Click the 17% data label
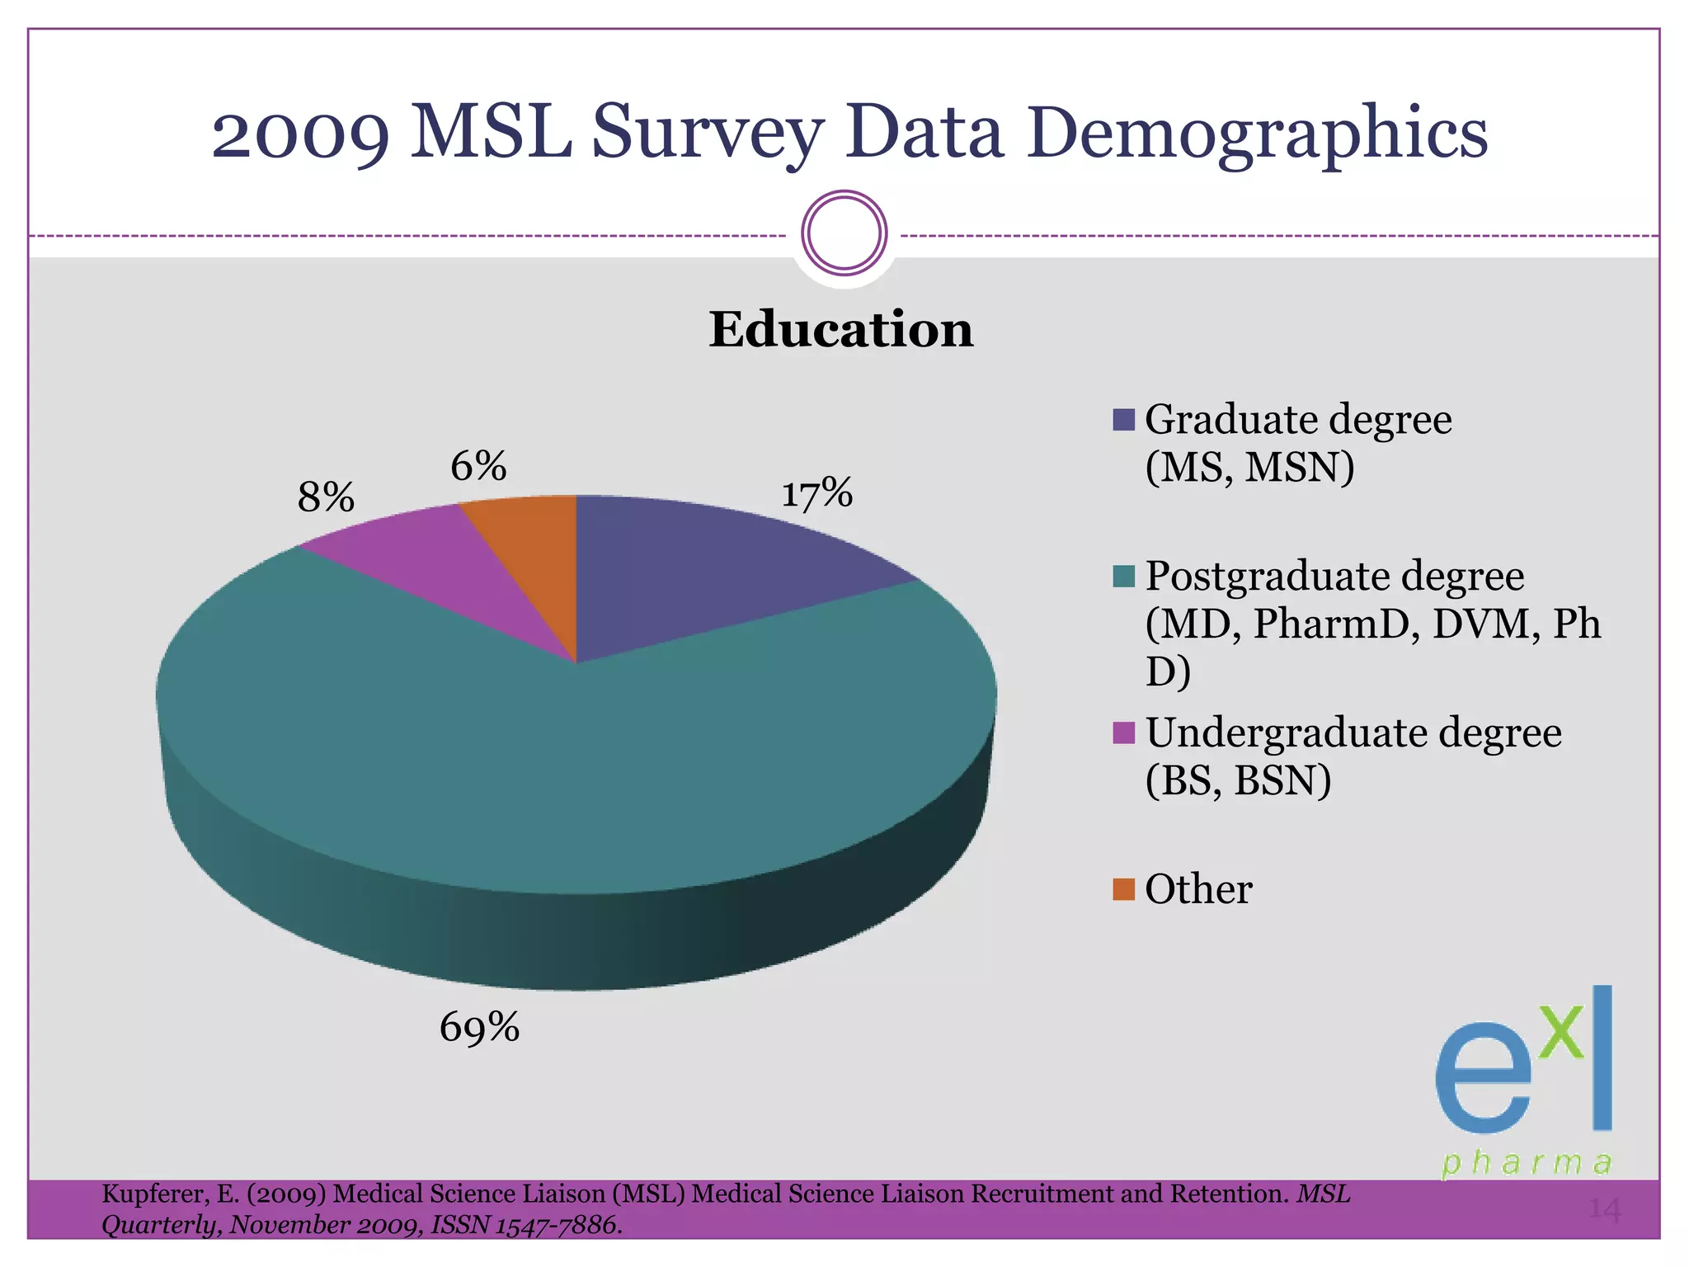coord(816,493)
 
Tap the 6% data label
coord(478,467)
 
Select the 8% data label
coord(326,497)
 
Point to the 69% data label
coord(479,1028)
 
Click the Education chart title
coord(841,329)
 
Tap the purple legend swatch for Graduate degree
coord(1123,420)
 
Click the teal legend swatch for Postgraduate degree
coord(1123,576)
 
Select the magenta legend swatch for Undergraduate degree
coord(1123,732)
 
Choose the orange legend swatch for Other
coord(1123,889)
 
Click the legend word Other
coord(1198,889)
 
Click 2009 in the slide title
coord(301,134)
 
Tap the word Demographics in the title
coord(1257,134)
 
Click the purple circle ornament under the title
coord(844,233)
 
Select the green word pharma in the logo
coord(1527,1163)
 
